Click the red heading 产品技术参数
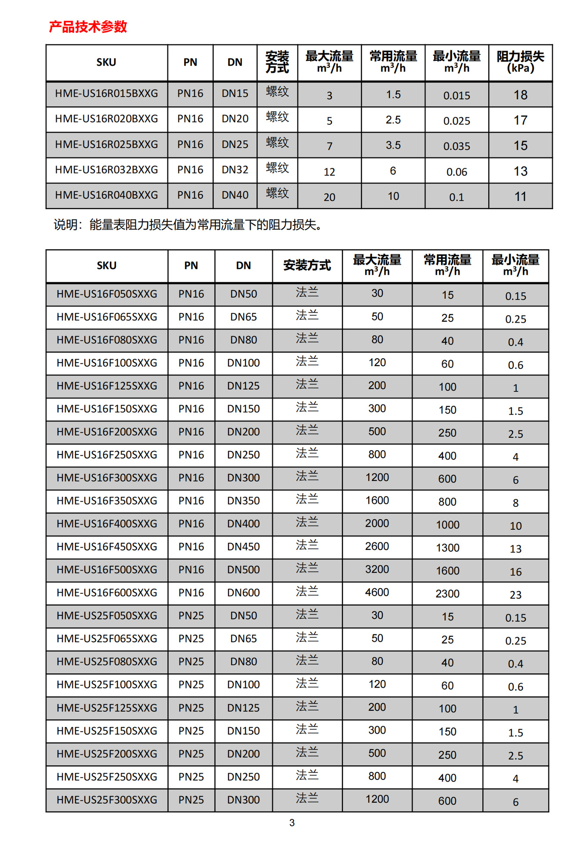coord(88,27)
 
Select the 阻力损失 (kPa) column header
coord(520,62)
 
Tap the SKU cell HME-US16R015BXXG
coord(106,94)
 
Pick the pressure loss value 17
coord(520,120)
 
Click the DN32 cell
coord(235,170)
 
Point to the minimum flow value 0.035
coord(457,146)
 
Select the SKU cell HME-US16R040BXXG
coord(106,195)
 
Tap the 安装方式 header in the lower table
coord(307,266)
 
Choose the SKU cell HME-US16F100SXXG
coord(107,363)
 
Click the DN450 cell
coord(243,547)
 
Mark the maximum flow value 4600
coord(377,592)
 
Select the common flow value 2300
coord(447,594)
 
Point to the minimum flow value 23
coord(515,595)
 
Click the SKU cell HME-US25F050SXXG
coord(107,616)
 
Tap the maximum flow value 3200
coord(377,569)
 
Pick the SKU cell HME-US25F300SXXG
coord(107,800)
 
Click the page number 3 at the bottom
coord(292,823)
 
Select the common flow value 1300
coord(447,548)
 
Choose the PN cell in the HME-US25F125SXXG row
coord(191,708)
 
